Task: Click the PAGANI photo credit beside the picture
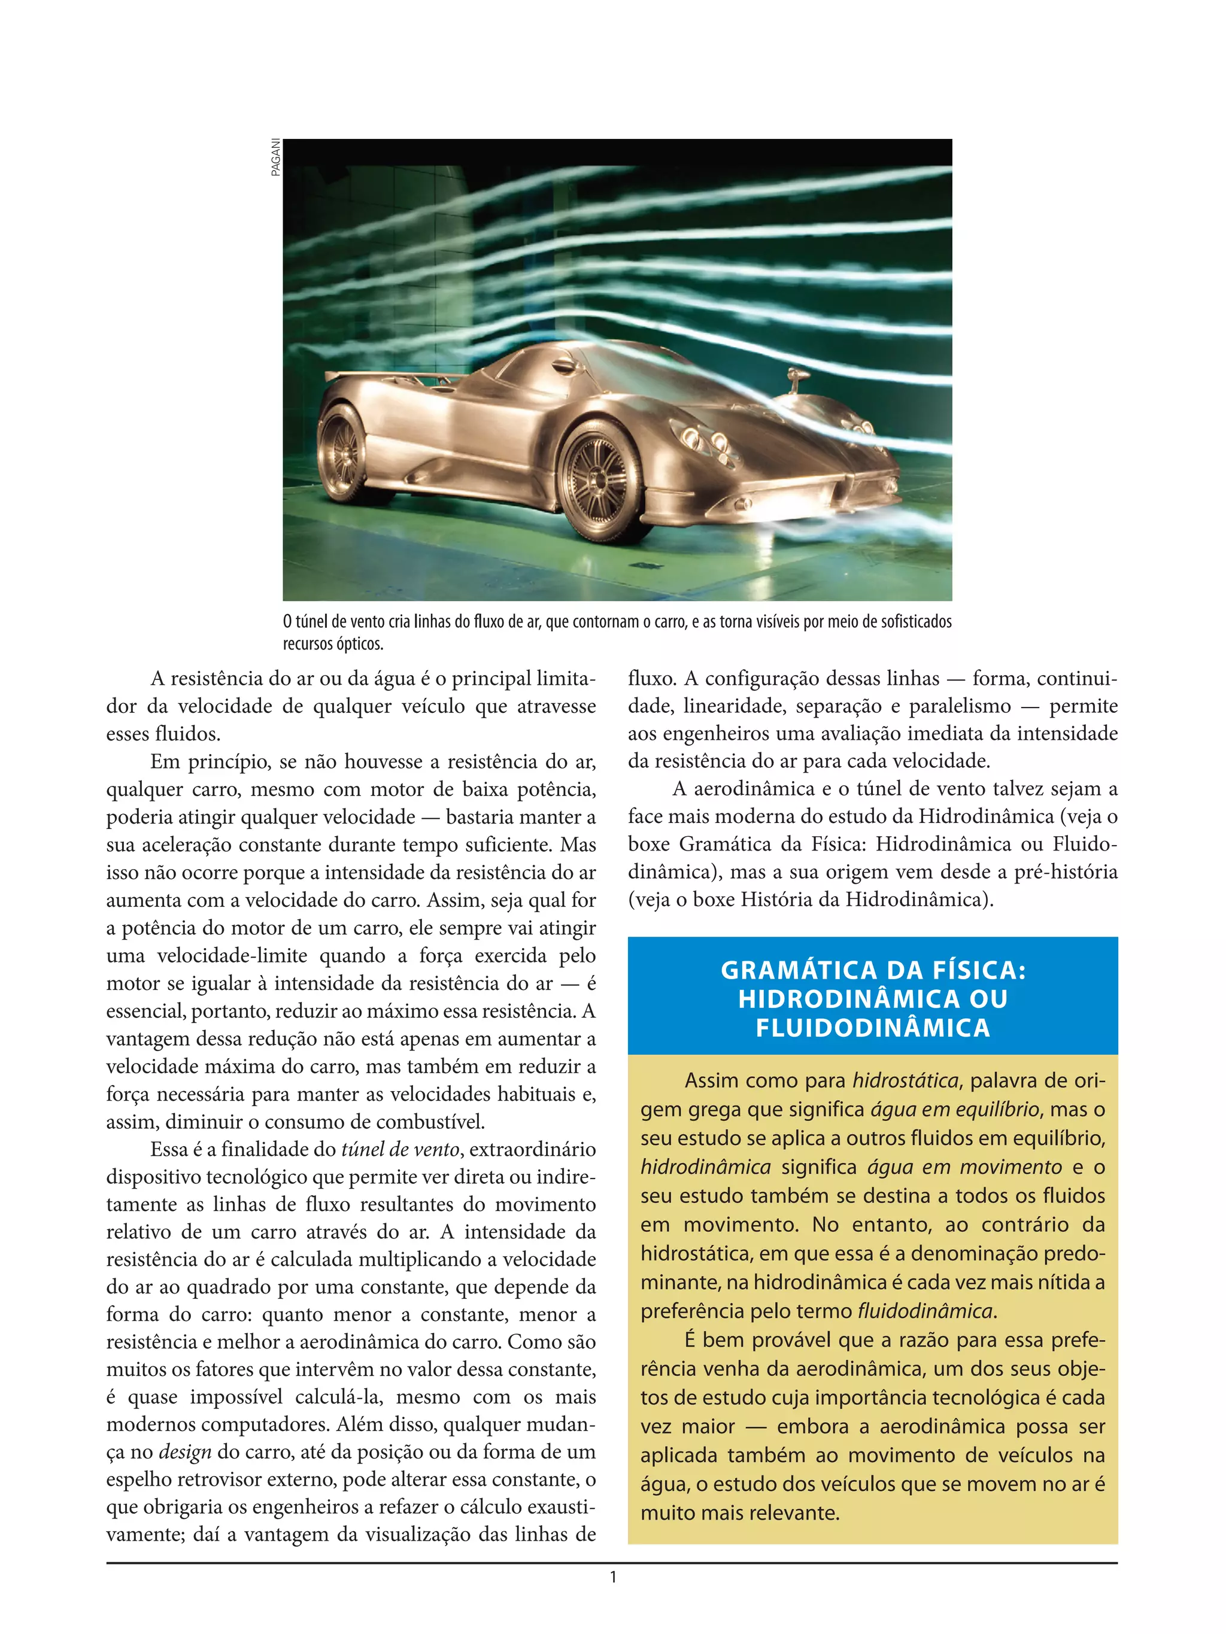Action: [275, 157]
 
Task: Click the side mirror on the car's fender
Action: [797, 379]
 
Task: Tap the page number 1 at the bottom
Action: [612, 1577]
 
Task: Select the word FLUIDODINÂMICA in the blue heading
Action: [872, 1028]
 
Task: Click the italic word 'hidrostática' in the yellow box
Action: [905, 1081]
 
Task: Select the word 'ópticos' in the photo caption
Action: [359, 643]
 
